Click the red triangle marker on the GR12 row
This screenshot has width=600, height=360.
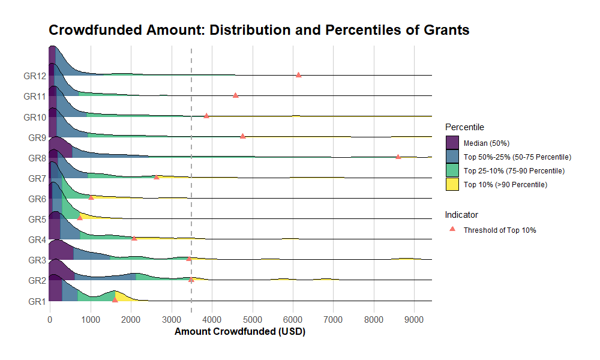298,75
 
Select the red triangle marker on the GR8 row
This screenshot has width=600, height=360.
398,157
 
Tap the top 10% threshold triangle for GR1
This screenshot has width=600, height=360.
115,299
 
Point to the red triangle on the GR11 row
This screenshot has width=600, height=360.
235,95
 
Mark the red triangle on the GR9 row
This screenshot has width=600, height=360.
242,136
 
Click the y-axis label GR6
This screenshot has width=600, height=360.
37,199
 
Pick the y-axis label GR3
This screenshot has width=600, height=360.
37,260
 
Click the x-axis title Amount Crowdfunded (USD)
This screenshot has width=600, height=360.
239,332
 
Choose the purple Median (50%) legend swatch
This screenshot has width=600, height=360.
452,143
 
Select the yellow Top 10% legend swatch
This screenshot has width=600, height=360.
452,184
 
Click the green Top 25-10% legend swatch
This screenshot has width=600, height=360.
452,170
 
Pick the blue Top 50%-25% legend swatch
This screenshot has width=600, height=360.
452,157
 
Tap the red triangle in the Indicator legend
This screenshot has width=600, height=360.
452,230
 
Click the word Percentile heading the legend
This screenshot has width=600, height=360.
464,127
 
